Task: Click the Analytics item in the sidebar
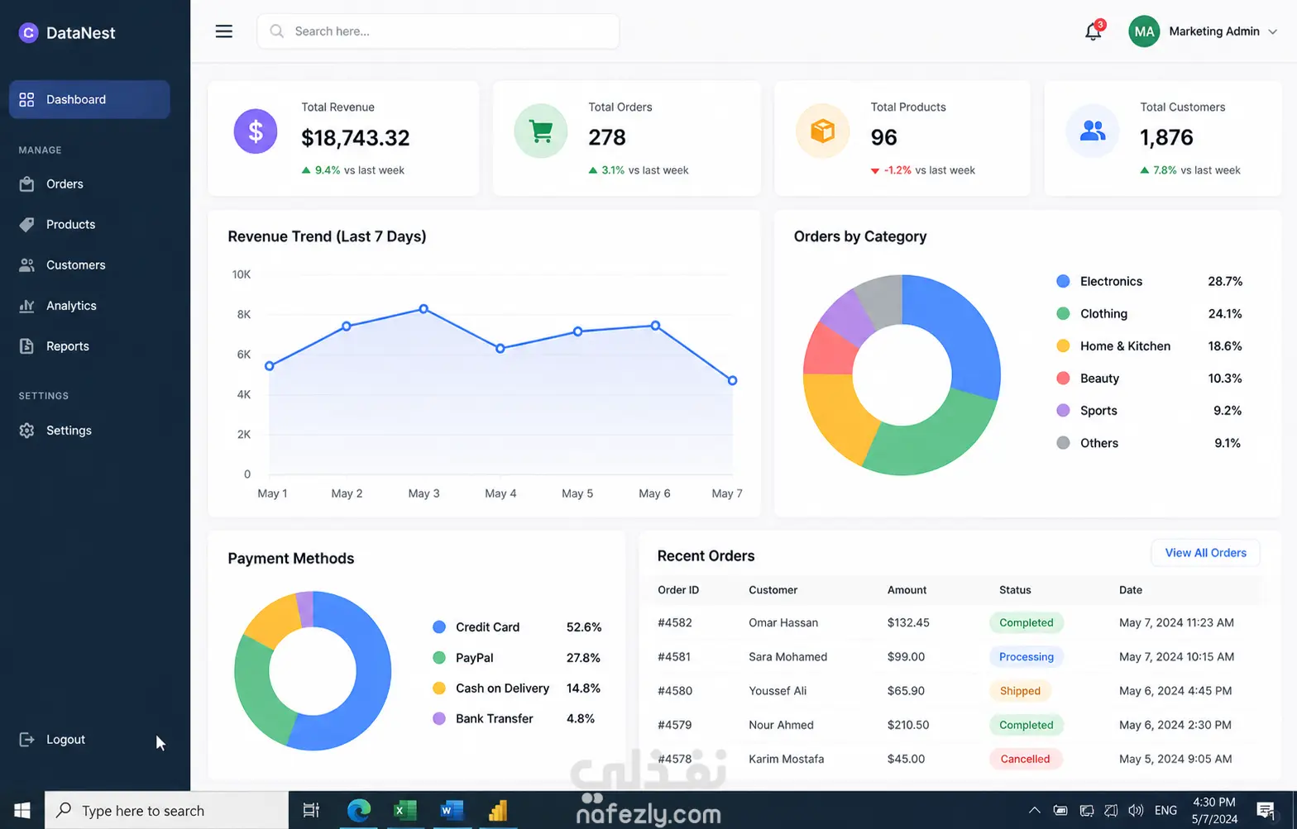pyautogui.click(x=71, y=306)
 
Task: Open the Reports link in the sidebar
pyautogui.click(x=68, y=346)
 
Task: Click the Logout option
pyautogui.click(x=65, y=740)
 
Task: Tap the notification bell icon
pyautogui.click(x=1094, y=31)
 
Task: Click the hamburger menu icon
pyautogui.click(x=224, y=31)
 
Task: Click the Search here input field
pyautogui.click(x=438, y=31)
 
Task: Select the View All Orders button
pyautogui.click(x=1205, y=552)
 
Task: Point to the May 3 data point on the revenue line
pyautogui.click(x=424, y=309)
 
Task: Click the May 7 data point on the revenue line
pyautogui.click(x=733, y=381)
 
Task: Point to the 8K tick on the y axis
pyautogui.click(x=244, y=314)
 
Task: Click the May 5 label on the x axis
pyautogui.click(x=577, y=493)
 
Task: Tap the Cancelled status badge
pyautogui.click(x=1025, y=759)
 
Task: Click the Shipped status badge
pyautogui.click(x=1020, y=691)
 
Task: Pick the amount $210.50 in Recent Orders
pyautogui.click(x=908, y=725)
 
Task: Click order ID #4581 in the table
pyautogui.click(x=675, y=656)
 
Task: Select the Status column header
pyautogui.click(x=1015, y=589)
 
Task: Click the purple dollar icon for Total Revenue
pyautogui.click(x=256, y=131)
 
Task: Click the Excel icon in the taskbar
pyautogui.click(x=405, y=811)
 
